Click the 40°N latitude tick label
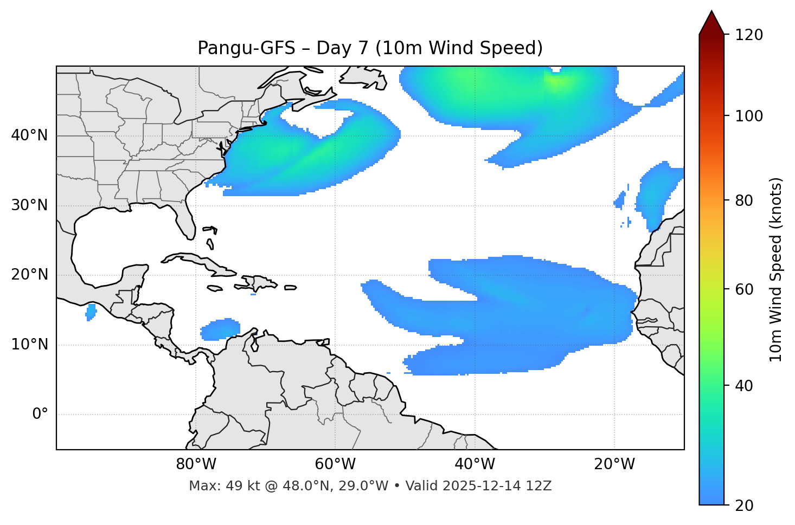coord(29,135)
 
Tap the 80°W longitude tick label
coord(196,464)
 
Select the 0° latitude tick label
coord(40,414)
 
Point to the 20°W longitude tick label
coord(614,464)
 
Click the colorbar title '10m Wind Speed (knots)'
coord(776,269)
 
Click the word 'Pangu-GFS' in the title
coord(246,48)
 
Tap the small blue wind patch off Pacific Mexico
coord(91,312)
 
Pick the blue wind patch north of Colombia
coord(220,329)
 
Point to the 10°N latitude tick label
coord(29,345)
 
